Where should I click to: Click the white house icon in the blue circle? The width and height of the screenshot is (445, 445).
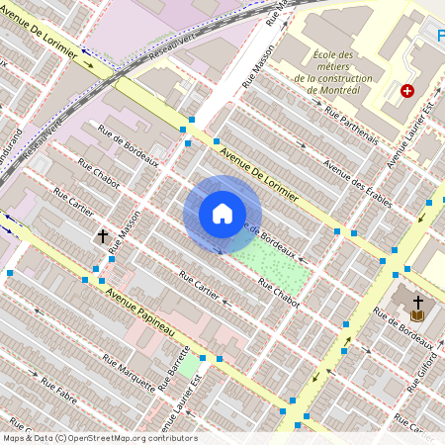[x=222, y=214]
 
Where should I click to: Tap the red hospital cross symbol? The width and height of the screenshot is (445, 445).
[x=406, y=91]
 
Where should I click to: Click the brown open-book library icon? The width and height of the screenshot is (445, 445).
[x=417, y=315]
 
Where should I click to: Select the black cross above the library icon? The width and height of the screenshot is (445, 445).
[x=417, y=301]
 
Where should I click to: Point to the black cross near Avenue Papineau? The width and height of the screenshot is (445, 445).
[x=102, y=236]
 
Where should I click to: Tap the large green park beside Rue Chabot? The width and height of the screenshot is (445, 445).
[x=271, y=263]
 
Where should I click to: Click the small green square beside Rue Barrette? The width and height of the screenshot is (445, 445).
[x=188, y=366]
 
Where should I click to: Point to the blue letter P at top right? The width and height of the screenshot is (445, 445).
[x=440, y=37]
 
